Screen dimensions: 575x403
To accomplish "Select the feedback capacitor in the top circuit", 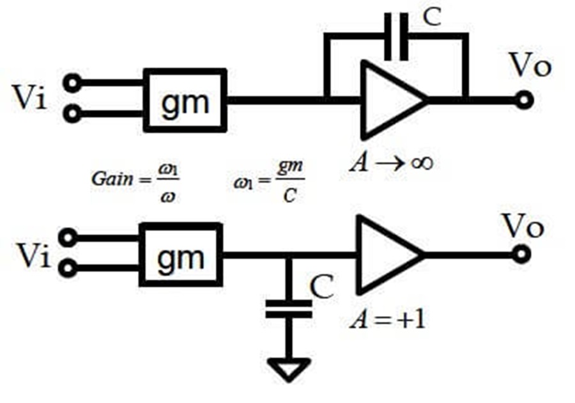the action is (396, 36).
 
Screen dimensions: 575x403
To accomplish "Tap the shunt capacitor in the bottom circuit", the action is (289, 309).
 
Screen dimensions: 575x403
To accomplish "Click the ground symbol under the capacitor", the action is (289, 370).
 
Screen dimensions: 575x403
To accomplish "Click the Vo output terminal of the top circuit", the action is (524, 100).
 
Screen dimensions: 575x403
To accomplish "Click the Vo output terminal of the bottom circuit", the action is (521, 255).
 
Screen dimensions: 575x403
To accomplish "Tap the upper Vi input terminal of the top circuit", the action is (73, 83).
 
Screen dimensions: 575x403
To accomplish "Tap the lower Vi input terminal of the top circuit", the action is (73, 113).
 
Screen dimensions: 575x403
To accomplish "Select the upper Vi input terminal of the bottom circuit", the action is (68, 238).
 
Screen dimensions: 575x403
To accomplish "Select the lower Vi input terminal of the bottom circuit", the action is (68, 268).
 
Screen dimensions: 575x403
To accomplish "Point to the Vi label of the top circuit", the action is (30, 97).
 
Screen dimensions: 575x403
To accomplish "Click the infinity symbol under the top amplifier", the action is (422, 162).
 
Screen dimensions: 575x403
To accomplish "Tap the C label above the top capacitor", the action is (432, 17).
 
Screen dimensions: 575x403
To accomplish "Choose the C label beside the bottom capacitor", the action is (321, 287).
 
